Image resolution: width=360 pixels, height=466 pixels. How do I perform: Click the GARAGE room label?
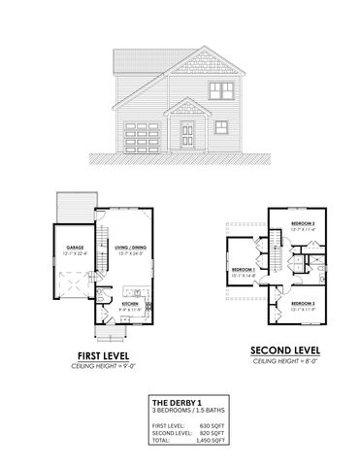click(75, 249)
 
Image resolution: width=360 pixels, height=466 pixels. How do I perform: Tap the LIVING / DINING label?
click(129, 249)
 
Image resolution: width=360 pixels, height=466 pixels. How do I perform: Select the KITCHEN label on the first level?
click(130, 304)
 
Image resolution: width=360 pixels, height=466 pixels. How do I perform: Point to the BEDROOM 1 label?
click(243, 269)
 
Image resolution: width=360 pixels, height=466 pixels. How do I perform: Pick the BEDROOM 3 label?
click(306, 304)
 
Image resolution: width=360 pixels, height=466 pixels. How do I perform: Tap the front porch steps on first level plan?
click(116, 335)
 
